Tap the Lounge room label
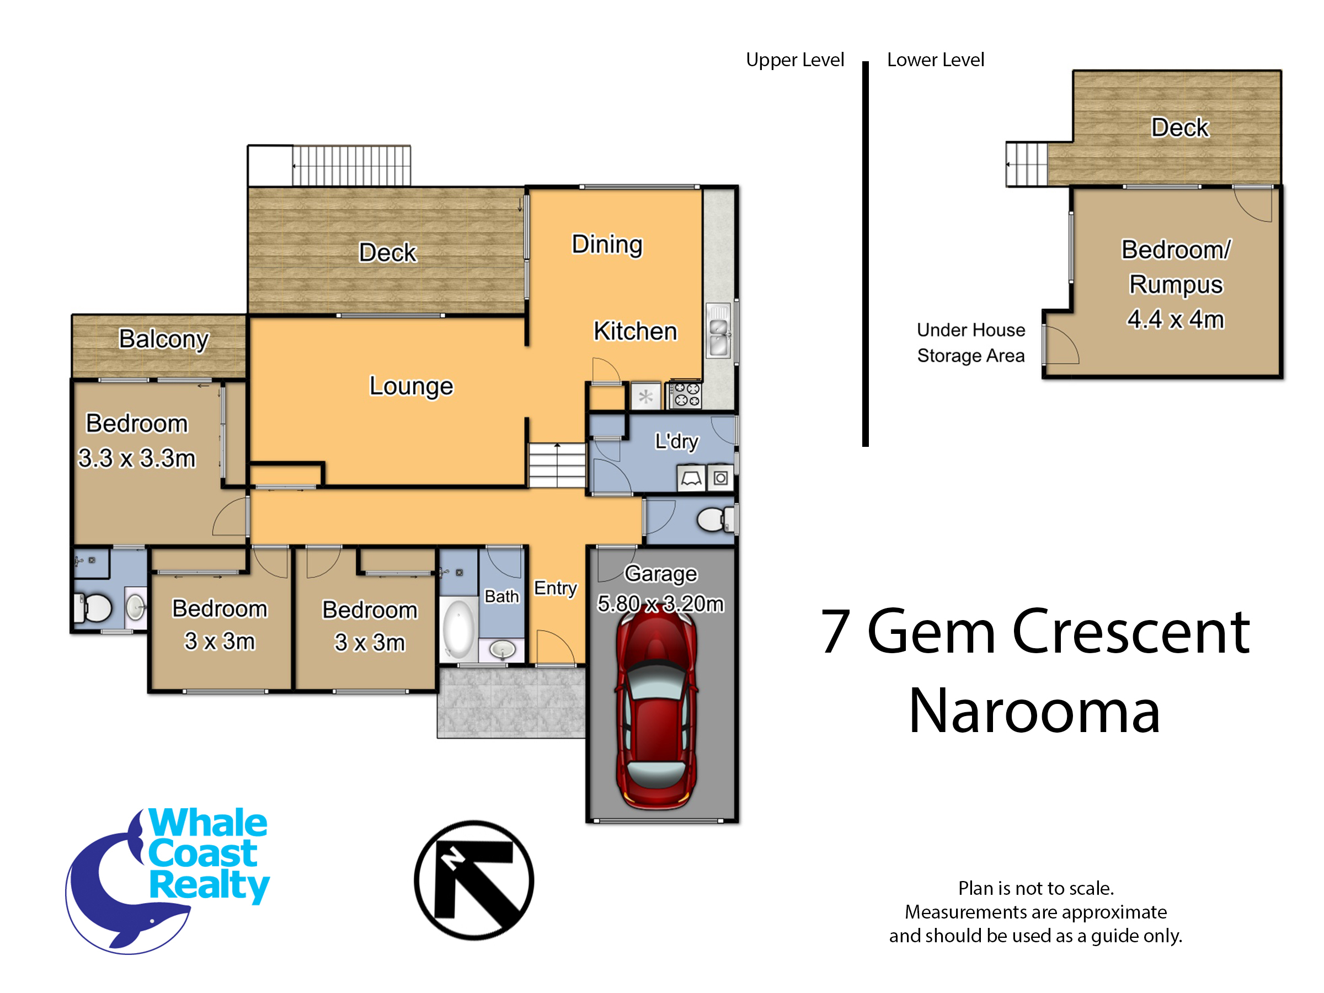pos(411,387)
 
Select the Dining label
pos(607,245)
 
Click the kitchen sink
pos(719,330)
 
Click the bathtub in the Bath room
pos(459,629)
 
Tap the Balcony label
pos(163,339)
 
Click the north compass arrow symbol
pos(474,880)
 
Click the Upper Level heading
pos(795,60)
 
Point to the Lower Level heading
pos(936,60)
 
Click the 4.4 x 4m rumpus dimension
pos(1176,319)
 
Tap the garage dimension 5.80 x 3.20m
pos(661,604)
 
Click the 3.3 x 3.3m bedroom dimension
pos(137,458)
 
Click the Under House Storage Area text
pos(971,343)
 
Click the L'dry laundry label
pos(676,442)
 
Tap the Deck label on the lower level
pos(1180,127)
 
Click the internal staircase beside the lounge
pos(557,465)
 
